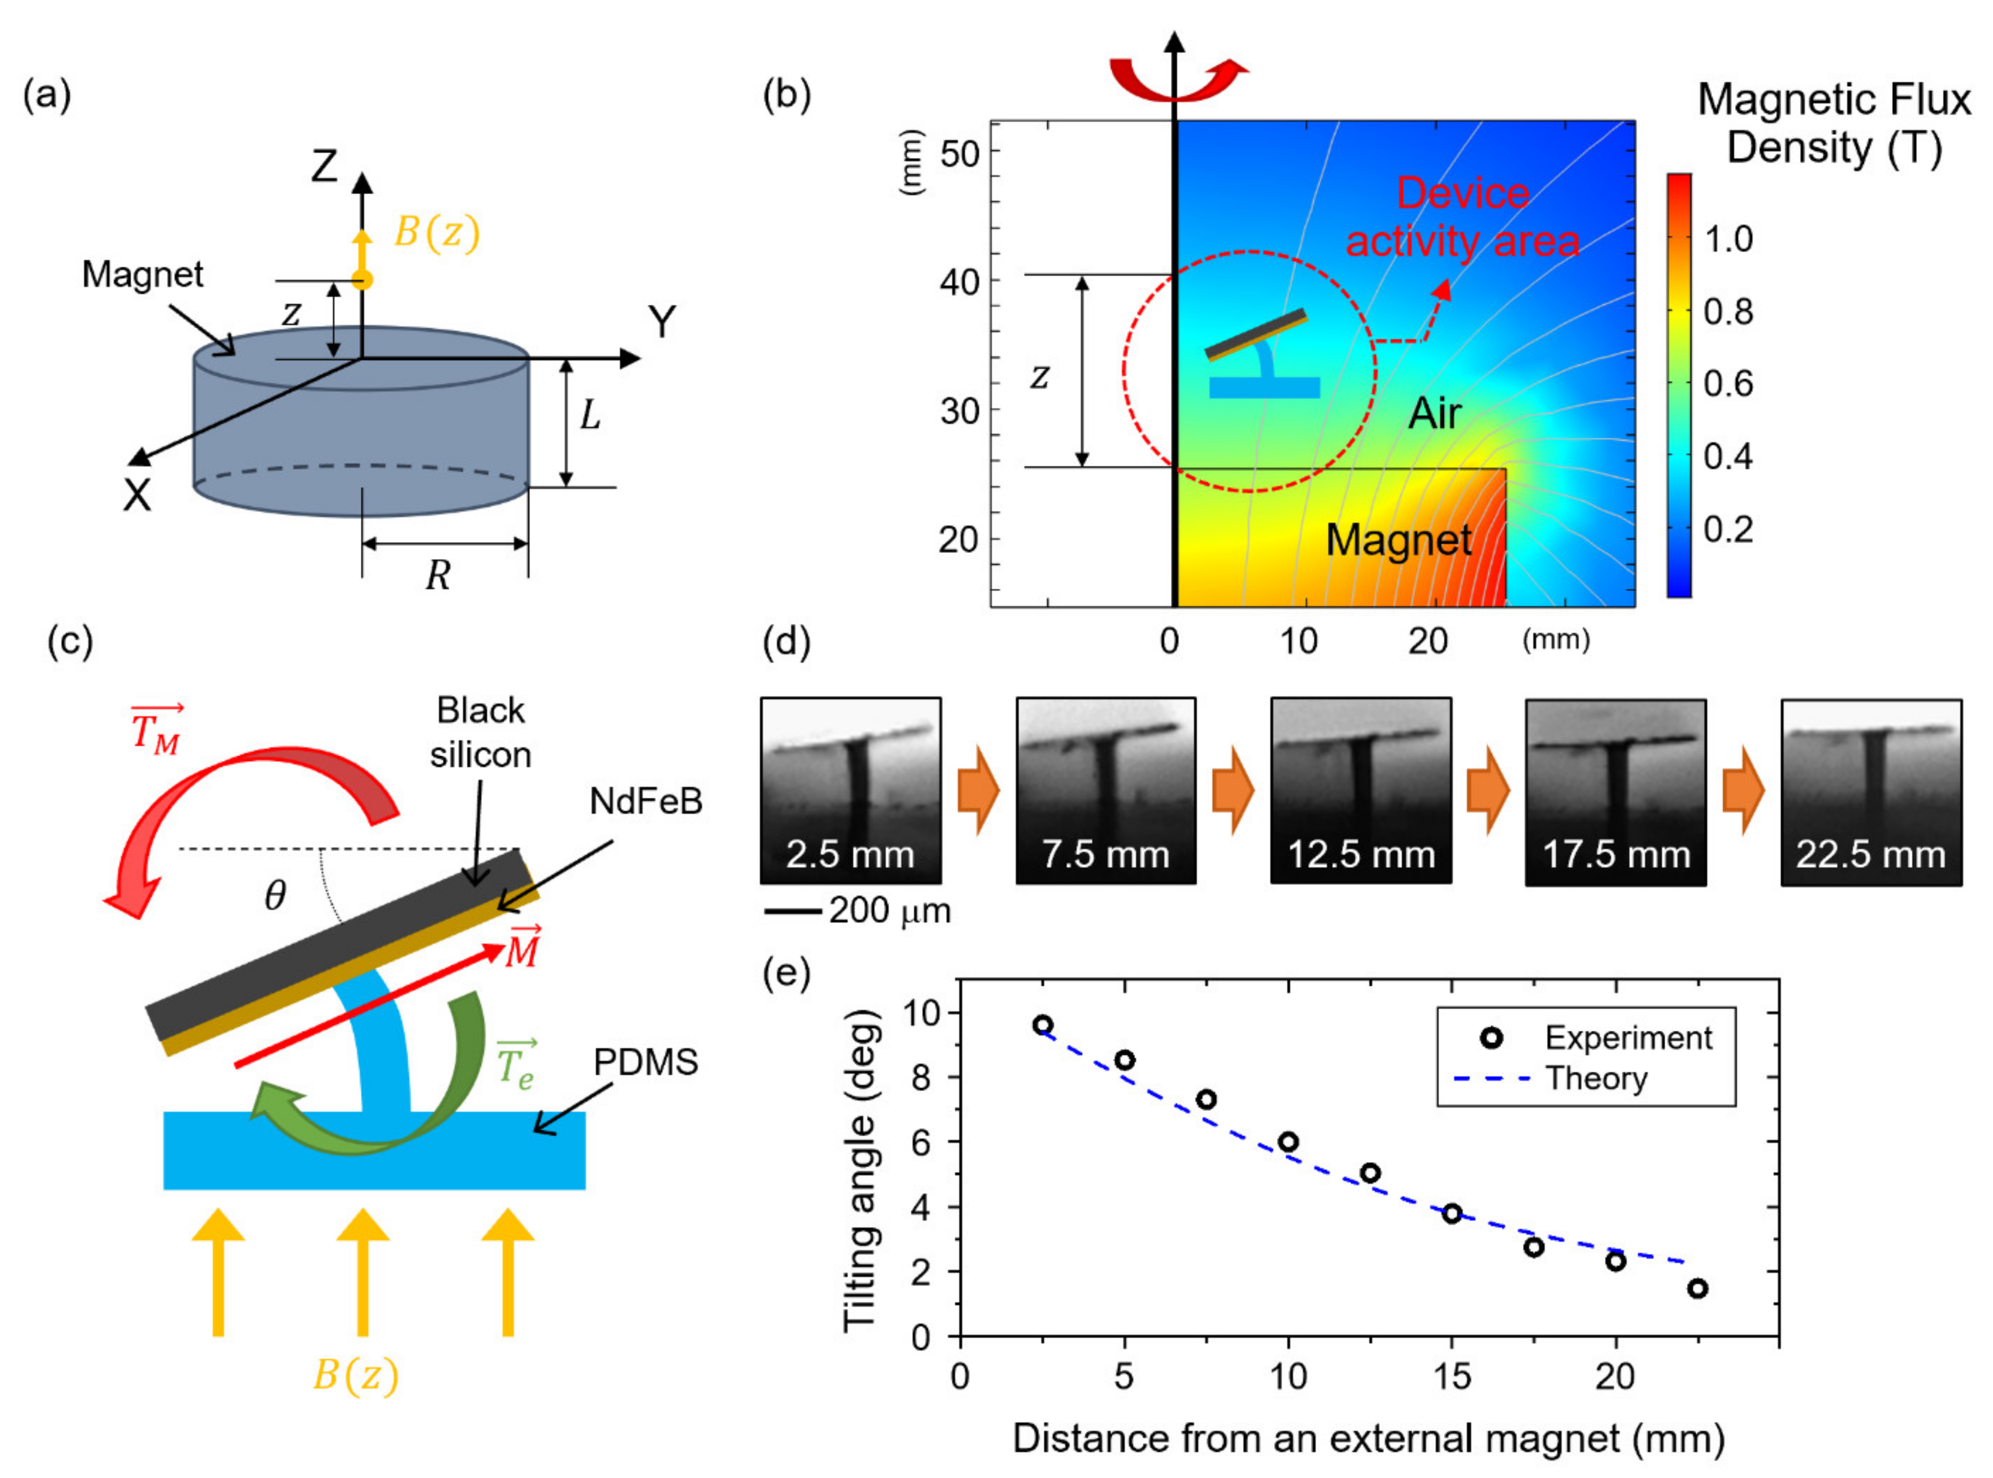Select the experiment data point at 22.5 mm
coord(1697,1289)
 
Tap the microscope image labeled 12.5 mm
coord(1360,791)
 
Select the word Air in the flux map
coord(1435,413)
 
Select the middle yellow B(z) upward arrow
coord(362,1270)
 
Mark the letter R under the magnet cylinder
coord(437,575)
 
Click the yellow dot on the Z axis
coord(362,280)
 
